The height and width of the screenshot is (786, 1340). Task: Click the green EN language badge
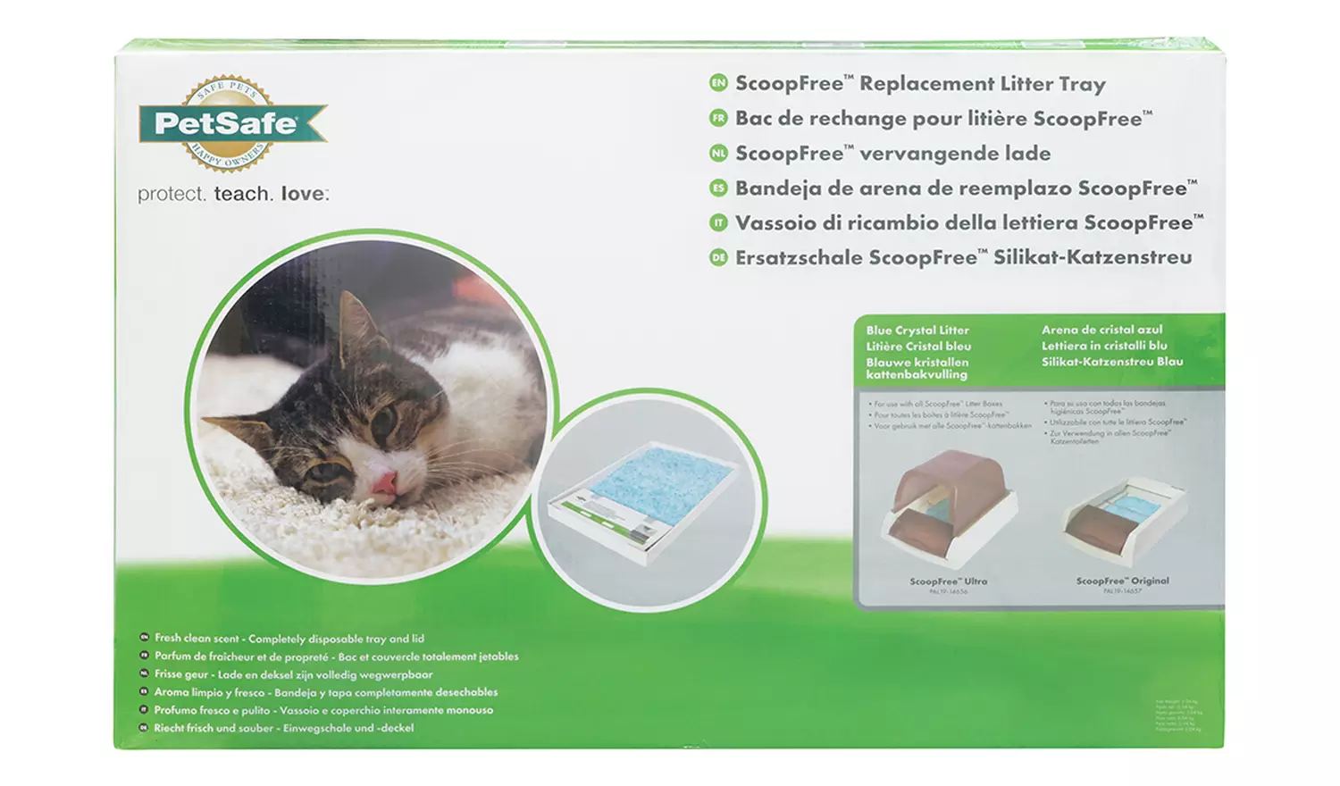(718, 83)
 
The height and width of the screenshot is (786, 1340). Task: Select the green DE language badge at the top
(718, 257)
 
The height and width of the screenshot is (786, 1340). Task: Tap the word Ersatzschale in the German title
(799, 258)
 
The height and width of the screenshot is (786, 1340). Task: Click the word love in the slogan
(304, 194)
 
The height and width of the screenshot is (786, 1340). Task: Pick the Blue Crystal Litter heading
(917, 330)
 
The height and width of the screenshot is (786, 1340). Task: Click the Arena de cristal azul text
(1101, 330)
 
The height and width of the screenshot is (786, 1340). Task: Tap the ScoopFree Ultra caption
(948, 581)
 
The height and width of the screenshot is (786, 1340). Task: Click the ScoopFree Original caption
(1122, 581)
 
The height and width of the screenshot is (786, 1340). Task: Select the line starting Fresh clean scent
(289, 639)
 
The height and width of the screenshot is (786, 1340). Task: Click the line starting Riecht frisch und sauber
(283, 728)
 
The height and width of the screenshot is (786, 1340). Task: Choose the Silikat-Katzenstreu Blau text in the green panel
(1111, 362)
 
